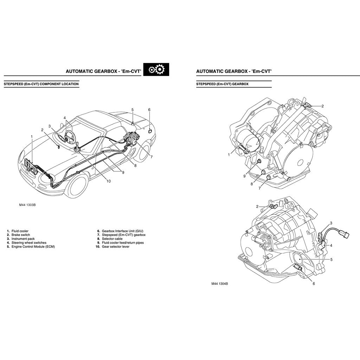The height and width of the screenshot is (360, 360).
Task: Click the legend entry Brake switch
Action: [20, 235]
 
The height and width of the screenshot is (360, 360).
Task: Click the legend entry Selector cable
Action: [112, 239]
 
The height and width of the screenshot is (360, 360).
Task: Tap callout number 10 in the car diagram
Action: [108, 181]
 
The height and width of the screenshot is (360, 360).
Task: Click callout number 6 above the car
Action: [149, 110]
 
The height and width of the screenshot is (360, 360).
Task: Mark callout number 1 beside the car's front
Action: [32, 136]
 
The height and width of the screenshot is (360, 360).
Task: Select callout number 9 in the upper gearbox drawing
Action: [244, 176]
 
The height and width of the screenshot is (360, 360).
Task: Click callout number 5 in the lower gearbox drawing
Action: [331, 259]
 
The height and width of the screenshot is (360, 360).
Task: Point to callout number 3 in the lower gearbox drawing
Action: [331, 223]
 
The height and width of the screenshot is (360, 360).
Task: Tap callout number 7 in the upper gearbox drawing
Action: [259, 188]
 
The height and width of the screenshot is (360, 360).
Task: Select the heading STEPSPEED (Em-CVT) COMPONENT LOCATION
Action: [41, 84]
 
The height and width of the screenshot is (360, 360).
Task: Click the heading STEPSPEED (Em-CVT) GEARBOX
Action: [222, 84]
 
